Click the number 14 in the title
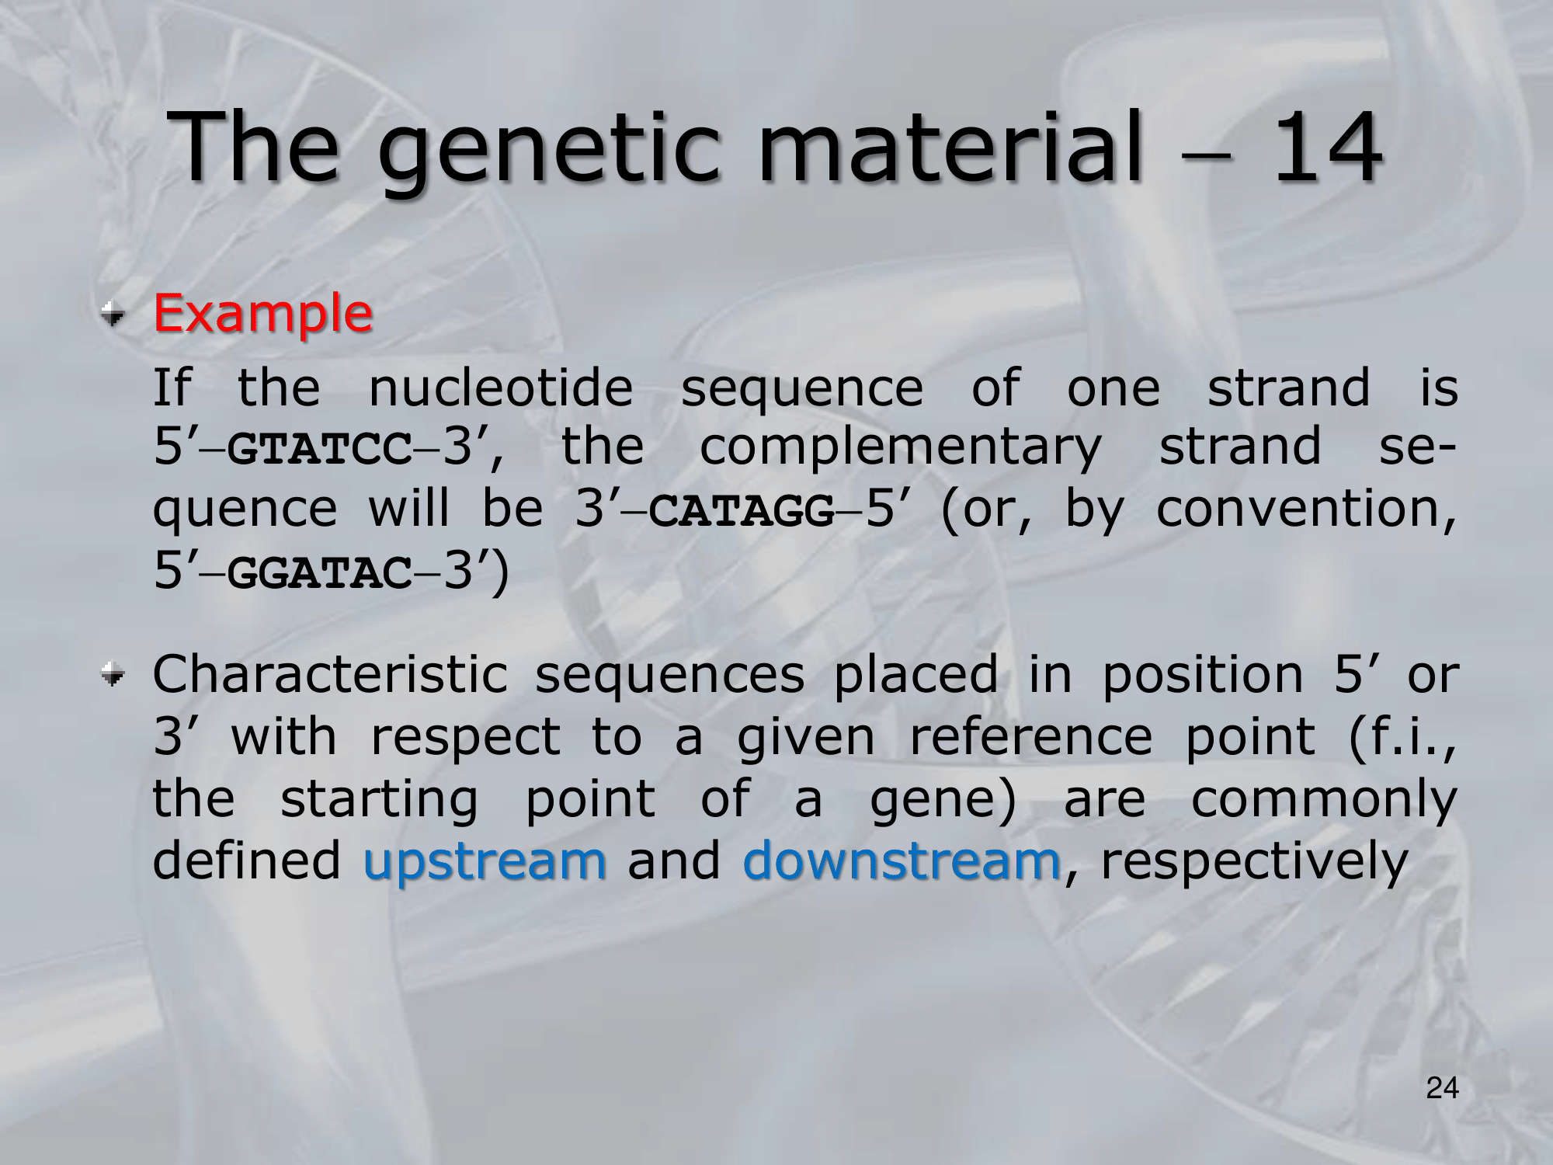coord(1327,147)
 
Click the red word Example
coord(263,315)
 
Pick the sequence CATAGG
coord(742,511)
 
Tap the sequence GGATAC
coord(321,574)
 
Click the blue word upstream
coord(485,863)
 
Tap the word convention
coord(1307,511)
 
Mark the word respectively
coord(1255,863)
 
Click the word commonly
coord(1325,801)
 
